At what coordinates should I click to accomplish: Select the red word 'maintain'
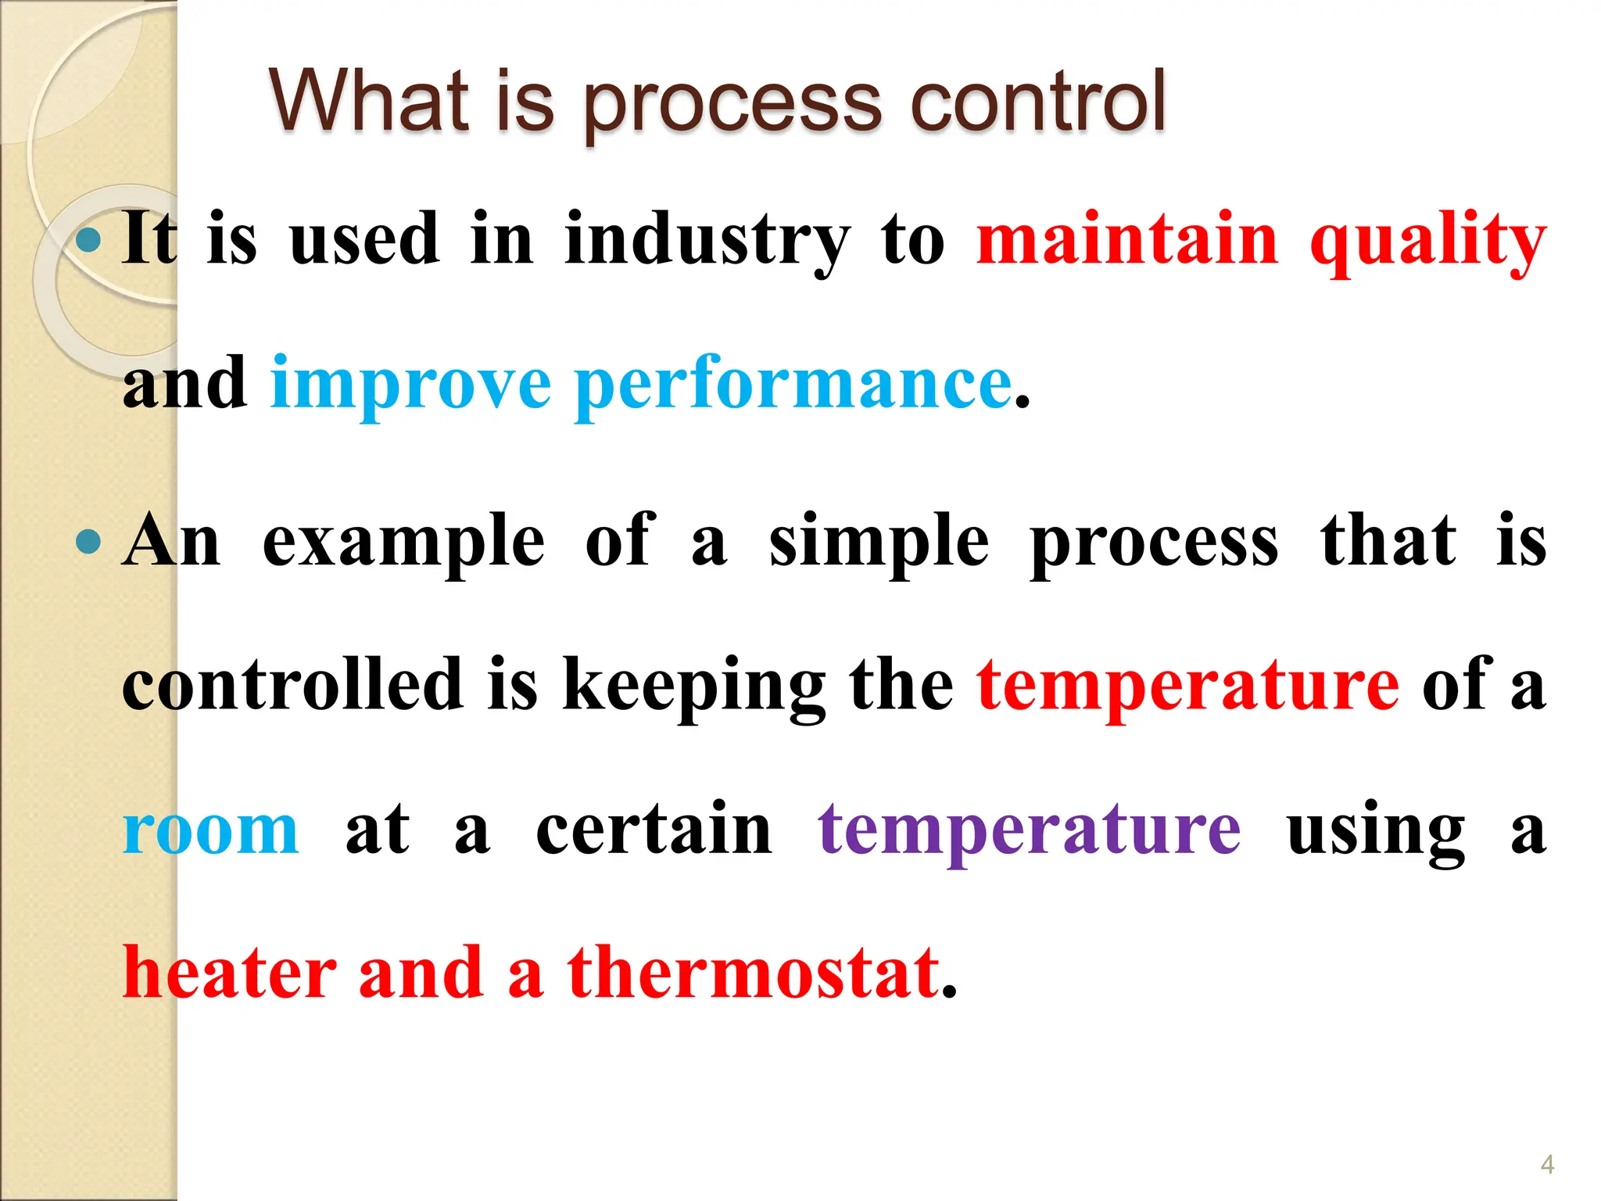tap(1126, 239)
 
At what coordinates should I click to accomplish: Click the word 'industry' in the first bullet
tap(707, 239)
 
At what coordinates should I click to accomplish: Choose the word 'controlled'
tap(292, 685)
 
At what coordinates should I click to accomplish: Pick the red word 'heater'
tap(230, 973)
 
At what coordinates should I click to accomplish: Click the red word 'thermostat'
tap(754, 973)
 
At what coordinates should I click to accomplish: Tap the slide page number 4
tap(1547, 1164)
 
